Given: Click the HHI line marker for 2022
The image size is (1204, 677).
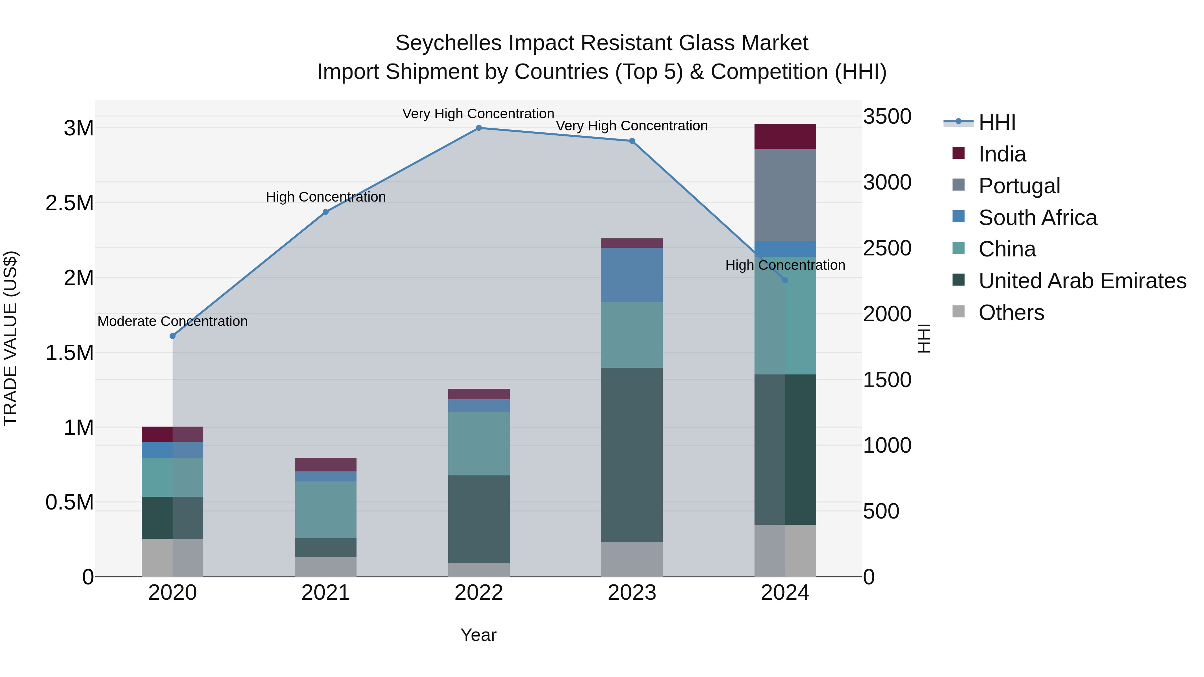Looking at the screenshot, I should (479, 128).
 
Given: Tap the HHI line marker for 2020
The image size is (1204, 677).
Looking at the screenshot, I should (173, 336).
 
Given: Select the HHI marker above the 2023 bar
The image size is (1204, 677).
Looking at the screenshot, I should (632, 141).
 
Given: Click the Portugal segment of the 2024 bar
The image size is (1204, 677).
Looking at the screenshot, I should (785, 195).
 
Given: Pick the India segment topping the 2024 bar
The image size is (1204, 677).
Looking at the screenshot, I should (785, 136).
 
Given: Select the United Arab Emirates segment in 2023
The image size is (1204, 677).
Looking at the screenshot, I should (632, 455).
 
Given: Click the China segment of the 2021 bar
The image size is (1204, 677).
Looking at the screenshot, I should (326, 510).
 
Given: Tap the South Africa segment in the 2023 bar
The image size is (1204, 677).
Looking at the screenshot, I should (632, 275).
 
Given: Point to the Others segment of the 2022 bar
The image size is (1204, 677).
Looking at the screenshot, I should (479, 570).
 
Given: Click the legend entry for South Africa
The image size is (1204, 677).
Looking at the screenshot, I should (1037, 218).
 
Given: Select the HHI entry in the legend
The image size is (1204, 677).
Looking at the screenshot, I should (997, 122).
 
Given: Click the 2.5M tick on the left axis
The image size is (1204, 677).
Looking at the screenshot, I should (70, 203).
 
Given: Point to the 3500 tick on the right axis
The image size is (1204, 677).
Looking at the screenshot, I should (887, 116).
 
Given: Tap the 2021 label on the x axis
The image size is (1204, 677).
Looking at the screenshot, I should (326, 593).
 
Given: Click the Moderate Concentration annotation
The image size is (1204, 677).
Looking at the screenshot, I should (173, 321).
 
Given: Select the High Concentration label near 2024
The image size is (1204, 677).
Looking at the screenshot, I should (785, 265).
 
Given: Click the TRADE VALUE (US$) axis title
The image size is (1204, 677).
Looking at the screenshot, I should (10, 338).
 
